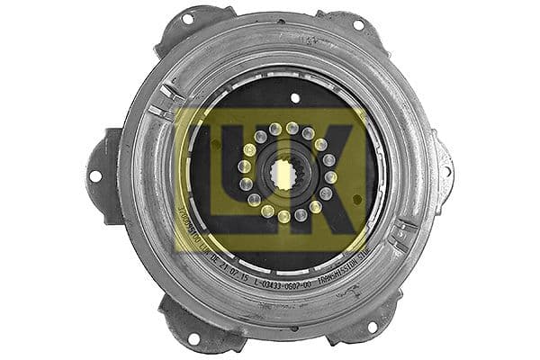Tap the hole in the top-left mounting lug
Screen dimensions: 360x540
coord(187,19)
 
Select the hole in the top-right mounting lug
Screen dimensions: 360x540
coord(358,24)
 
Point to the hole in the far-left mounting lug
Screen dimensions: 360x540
coord(95,176)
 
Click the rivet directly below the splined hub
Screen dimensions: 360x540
coord(284,217)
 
